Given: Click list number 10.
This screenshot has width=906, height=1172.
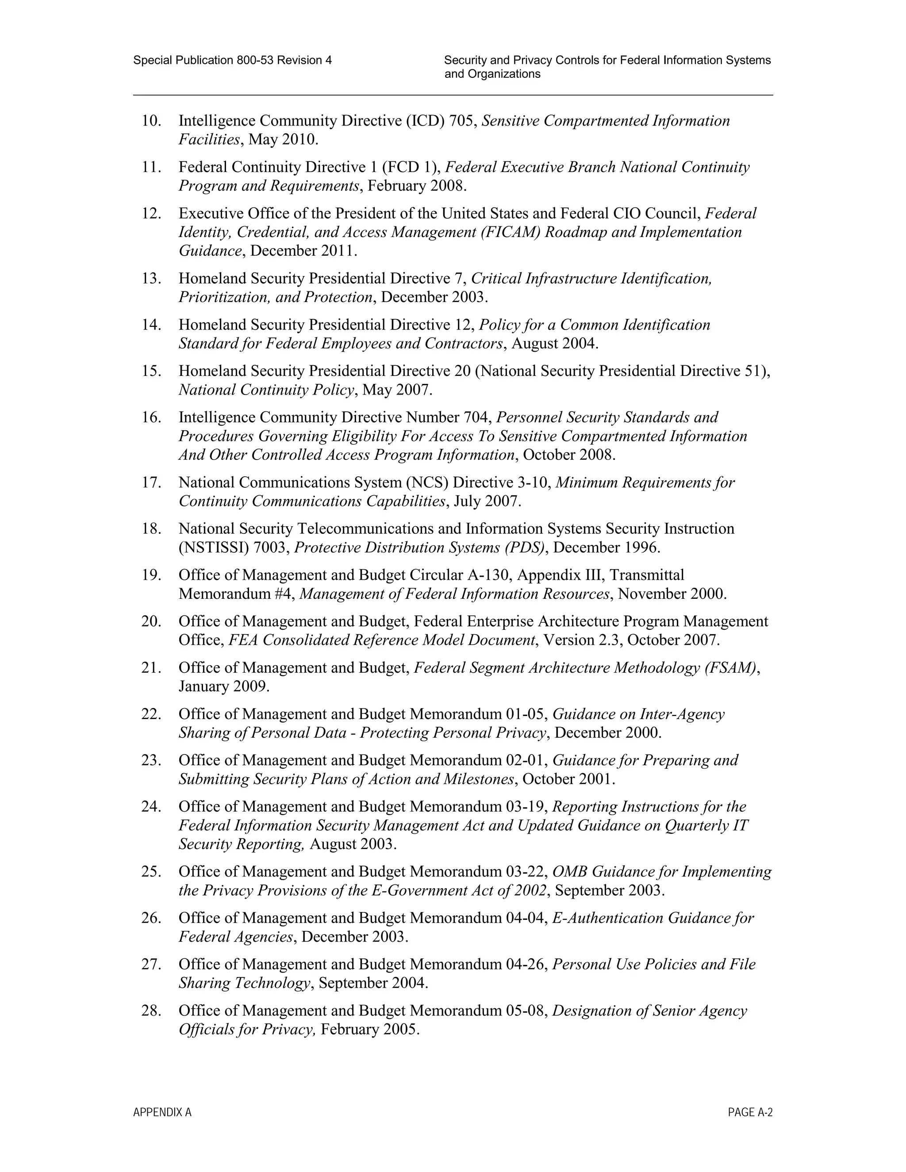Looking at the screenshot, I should coord(151,121).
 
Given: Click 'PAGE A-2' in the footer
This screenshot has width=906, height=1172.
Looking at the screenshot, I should coord(750,1112).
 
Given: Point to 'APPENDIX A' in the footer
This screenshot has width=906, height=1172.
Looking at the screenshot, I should coord(162,1112).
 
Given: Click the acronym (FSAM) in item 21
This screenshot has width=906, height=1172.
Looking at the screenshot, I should coord(732,668).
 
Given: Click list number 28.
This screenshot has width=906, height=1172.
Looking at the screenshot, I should coord(151,1011).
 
